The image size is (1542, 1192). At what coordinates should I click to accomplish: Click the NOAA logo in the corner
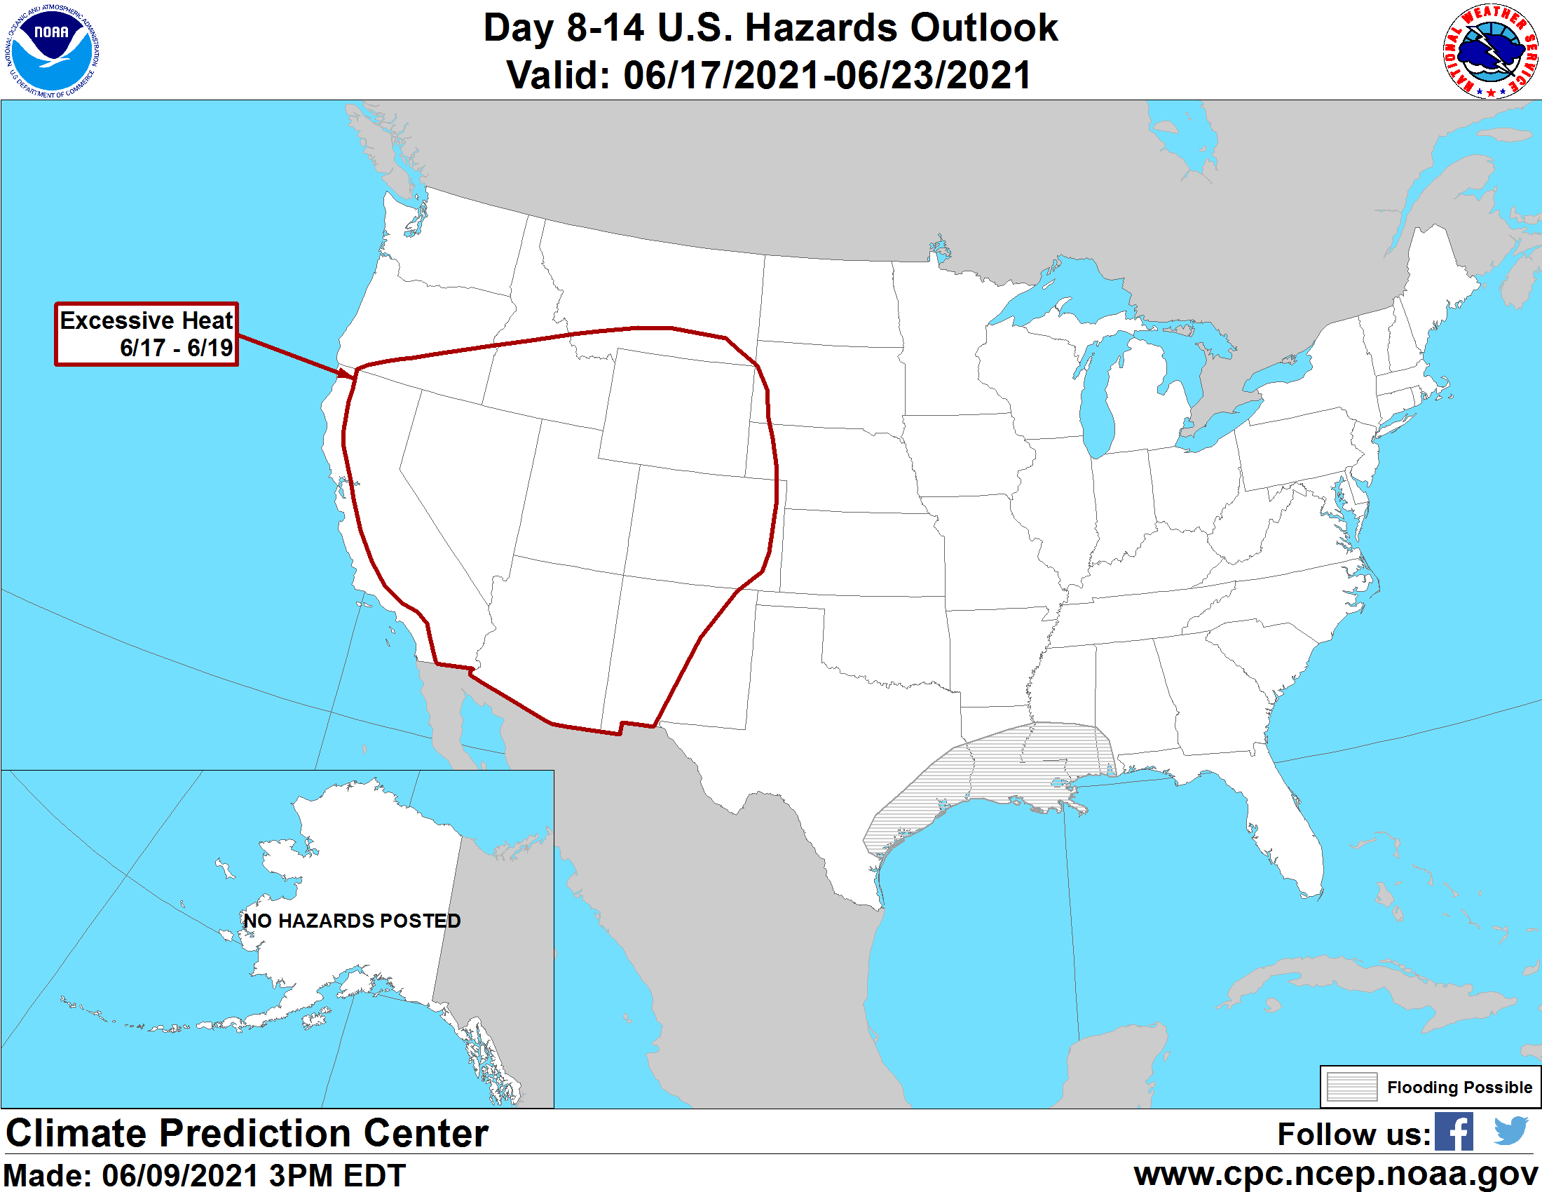pyautogui.click(x=53, y=51)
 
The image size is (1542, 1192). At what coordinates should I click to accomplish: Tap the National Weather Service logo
pyautogui.click(x=1489, y=52)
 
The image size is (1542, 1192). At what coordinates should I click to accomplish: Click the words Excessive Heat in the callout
pyautogui.click(x=146, y=320)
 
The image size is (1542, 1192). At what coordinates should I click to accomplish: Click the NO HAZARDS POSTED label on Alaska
pyautogui.click(x=352, y=921)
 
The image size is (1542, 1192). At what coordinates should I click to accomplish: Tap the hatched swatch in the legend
pyautogui.click(x=1351, y=1087)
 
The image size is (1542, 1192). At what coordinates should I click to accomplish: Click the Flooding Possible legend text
pyautogui.click(x=1459, y=1087)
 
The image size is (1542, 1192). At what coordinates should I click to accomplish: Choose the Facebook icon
pyautogui.click(x=1454, y=1132)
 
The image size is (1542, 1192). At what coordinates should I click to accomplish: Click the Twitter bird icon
pyautogui.click(x=1511, y=1131)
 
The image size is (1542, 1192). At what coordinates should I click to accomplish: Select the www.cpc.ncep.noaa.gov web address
pyautogui.click(x=1336, y=1174)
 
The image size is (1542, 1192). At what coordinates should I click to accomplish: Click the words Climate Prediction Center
pyautogui.click(x=247, y=1133)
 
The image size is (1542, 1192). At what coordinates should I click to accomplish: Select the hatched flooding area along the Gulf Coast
pyautogui.click(x=1002, y=770)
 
